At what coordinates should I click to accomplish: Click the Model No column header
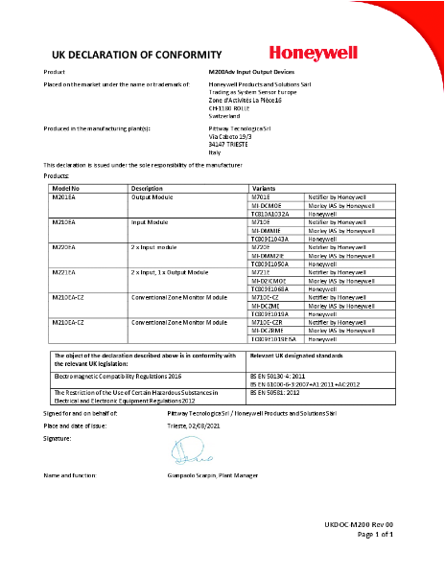[64, 189]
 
